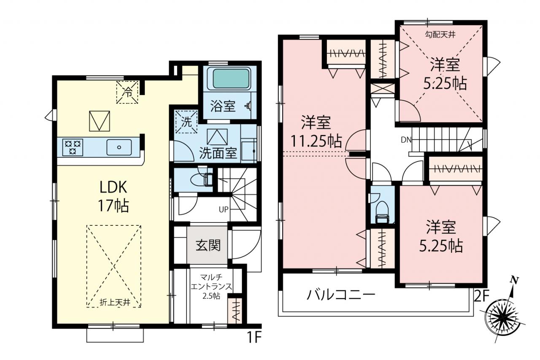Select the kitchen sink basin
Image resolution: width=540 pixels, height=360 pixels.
119,147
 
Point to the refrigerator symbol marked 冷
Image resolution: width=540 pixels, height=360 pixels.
127,92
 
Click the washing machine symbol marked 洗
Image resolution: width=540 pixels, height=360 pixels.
186,122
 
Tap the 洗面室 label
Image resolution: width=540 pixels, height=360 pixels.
218,153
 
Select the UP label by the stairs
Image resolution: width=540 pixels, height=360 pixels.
224,209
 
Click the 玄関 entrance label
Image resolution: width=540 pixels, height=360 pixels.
208,246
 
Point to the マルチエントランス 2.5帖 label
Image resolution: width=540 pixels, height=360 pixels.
211,287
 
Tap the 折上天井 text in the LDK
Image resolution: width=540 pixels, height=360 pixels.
115,302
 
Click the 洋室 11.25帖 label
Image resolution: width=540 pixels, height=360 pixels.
316,131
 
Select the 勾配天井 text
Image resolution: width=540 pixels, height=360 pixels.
440,35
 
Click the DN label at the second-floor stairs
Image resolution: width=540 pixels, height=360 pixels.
406,140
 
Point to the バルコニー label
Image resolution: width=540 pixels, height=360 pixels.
341,295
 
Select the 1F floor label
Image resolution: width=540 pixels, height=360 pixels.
254,337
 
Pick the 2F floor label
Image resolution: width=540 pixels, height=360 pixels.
481,296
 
